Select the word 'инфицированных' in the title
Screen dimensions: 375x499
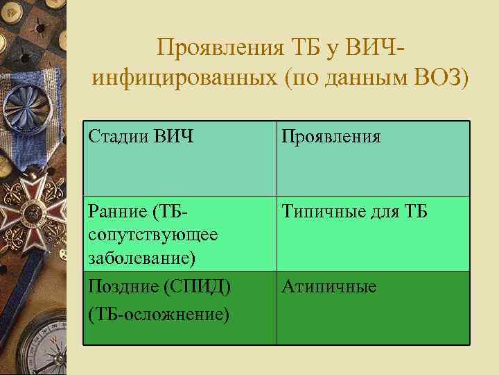tap(181, 77)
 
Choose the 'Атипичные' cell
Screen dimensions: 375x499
tap(329, 286)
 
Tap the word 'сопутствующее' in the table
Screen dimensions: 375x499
tap(153, 234)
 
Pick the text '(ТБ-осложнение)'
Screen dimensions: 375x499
tap(159, 313)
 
